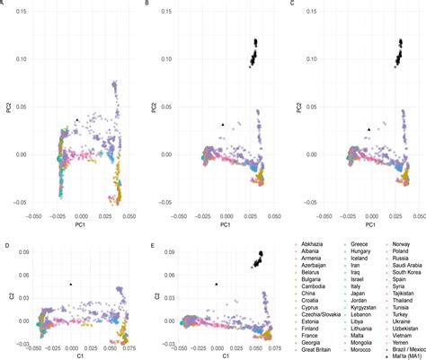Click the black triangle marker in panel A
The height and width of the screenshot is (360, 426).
(x=78, y=119)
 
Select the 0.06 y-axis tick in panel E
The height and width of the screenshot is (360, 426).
(x=163, y=273)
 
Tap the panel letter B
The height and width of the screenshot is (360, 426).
(x=147, y=4)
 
